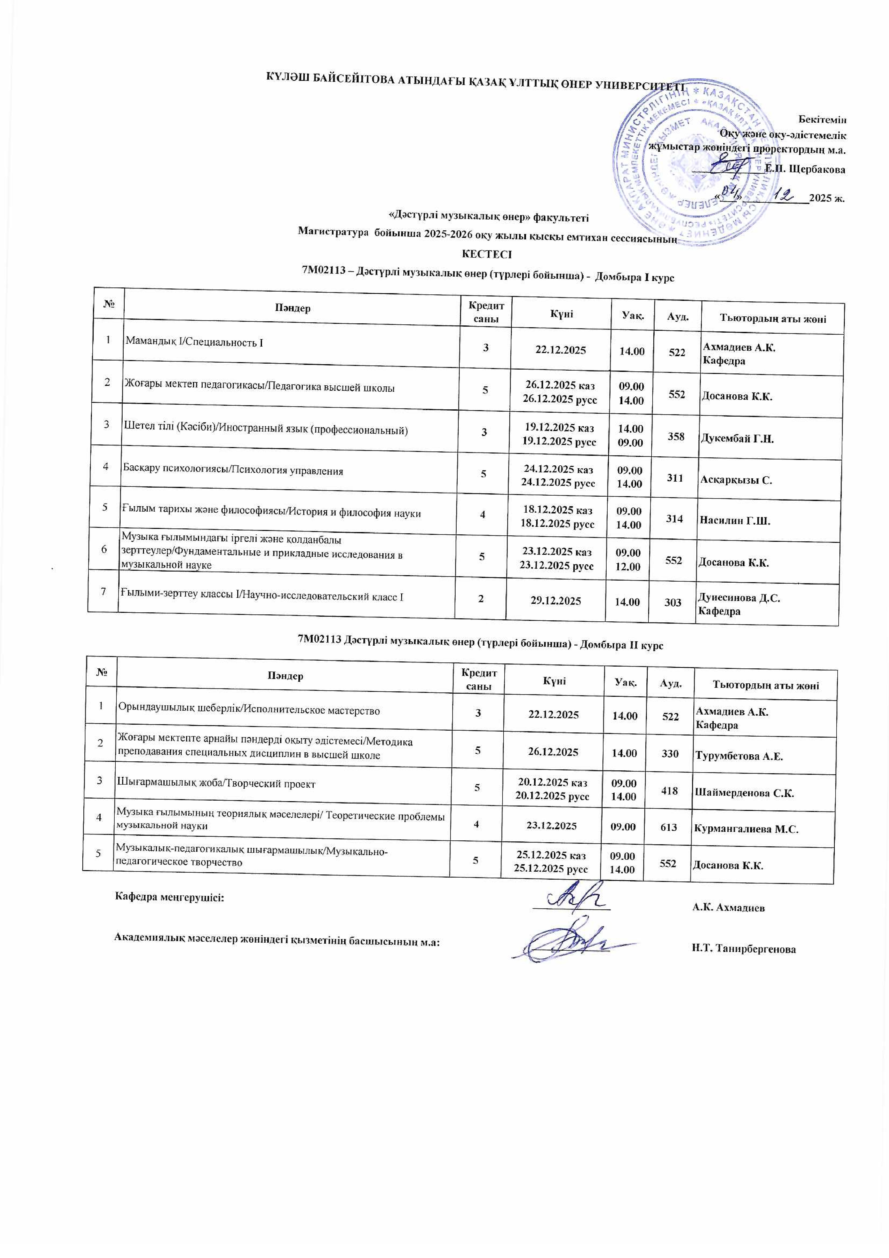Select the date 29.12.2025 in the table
556,600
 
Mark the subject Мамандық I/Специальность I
194,343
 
